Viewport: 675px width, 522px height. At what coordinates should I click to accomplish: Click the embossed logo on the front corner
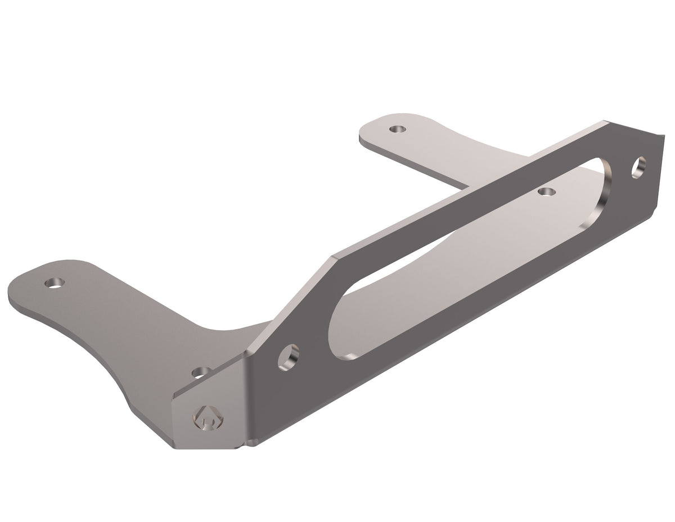(x=208, y=417)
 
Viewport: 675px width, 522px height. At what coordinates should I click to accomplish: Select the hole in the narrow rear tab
(x=398, y=129)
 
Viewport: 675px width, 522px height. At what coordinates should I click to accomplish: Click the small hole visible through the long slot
(x=546, y=192)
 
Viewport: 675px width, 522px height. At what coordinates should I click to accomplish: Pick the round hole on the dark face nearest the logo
(x=289, y=357)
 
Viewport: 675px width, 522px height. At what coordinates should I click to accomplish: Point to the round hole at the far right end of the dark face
(x=638, y=167)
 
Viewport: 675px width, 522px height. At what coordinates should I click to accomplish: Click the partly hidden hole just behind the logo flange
(x=201, y=372)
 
